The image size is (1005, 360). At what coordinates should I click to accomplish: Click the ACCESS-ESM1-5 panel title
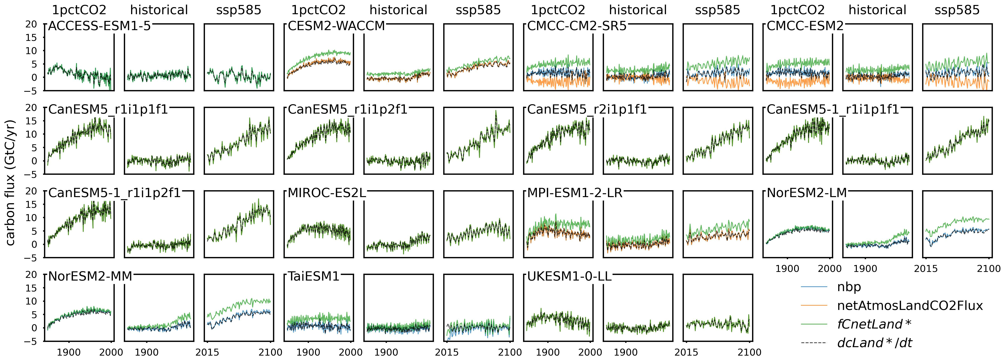pyautogui.click(x=99, y=26)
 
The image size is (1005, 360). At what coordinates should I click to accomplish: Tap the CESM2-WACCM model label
pyautogui.click(x=336, y=26)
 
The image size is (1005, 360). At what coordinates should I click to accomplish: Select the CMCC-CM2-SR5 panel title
pyautogui.click(x=577, y=26)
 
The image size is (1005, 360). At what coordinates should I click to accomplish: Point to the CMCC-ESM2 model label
pyautogui.click(x=805, y=26)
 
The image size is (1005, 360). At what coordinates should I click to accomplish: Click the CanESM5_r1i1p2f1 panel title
pyautogui.click(x=347, y=110)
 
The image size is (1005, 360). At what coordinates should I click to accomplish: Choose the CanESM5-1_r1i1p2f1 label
pyautogui.click(x=114, y=193)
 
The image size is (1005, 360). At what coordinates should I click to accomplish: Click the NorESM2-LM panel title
pyautogui.click(x=806, y=193)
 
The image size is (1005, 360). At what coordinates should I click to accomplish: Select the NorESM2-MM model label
pyautogui.click(x=90, y=277)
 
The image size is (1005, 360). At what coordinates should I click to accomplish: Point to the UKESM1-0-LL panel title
pyautogui.click(x=569, y=277)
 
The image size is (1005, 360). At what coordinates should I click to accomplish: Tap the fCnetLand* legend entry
pyautogui.click(x=874, y=324)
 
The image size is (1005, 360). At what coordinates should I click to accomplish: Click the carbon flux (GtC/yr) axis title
pyautogui.click(x=11, y=182)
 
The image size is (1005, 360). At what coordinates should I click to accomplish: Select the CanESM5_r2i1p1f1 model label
pyautogui.click(x=587, y=110)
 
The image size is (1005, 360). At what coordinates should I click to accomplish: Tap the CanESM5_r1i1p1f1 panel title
pyautogui.click(x=108, y=110)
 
